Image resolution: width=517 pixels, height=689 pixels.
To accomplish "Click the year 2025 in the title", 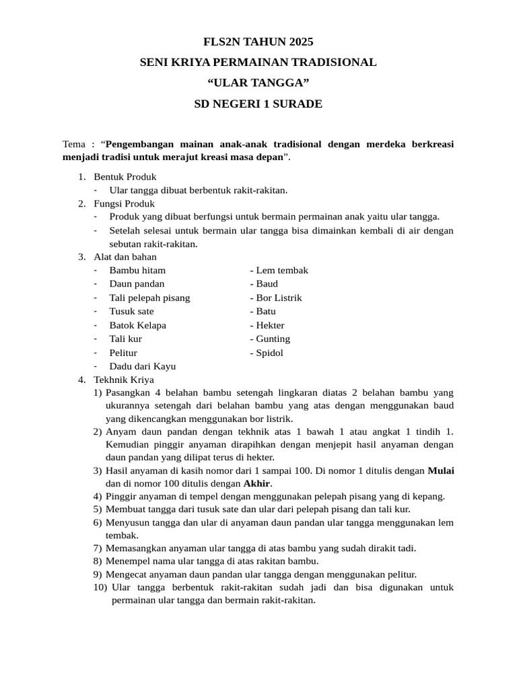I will pos(300,42).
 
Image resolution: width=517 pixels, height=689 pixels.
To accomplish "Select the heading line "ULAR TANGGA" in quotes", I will pos(258,83).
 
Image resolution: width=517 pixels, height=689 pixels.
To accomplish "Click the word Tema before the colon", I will pos(74,144).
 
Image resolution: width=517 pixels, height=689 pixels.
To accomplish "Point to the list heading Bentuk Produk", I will pos(125,176).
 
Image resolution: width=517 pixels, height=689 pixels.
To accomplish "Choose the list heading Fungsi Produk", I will pos(125,203).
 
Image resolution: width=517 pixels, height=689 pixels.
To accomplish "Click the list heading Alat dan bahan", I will pos(125,256).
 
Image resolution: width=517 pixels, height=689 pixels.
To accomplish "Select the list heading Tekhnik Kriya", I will pos(124,379).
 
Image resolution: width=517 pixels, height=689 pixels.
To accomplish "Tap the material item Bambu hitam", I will pos(137,270).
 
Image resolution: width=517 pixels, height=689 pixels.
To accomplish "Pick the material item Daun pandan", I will pos(137,284).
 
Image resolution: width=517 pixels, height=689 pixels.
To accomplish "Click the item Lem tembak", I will pos(281,270).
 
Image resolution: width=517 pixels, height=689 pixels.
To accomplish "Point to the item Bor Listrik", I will pos(278,297).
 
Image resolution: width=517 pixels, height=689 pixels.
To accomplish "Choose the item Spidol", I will pos(269,353).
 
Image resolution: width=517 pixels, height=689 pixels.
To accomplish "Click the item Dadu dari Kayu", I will pos(143,366).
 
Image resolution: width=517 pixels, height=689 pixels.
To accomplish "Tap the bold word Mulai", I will pos(441,470).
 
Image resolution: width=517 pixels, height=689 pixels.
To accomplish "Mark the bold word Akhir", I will pos(256,483).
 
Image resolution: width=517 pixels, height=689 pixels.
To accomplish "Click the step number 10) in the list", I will pos(100,587).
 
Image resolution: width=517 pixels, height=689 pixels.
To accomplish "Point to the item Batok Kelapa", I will pos(138,325).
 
